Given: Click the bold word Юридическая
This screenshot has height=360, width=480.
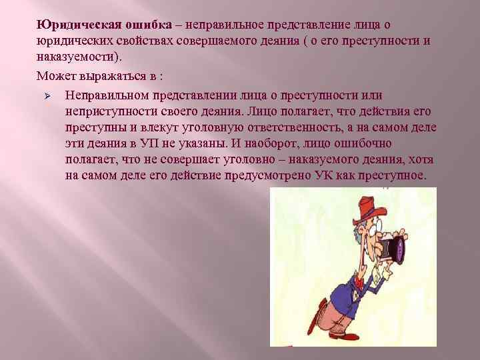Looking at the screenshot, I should [x=78, y=25].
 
